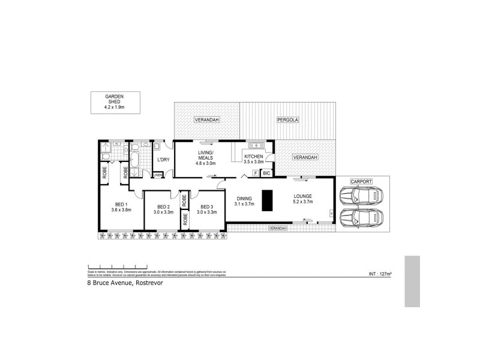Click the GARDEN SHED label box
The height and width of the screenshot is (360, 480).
(114, 102)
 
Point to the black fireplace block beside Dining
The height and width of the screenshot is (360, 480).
(267, 200)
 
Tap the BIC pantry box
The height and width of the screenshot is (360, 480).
(266, 173)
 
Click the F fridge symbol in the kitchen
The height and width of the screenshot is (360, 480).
(255, 173)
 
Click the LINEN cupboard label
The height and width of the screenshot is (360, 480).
(157, 175)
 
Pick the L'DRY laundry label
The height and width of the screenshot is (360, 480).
(163, 160)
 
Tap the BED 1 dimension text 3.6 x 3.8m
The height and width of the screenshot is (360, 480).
(121, 210)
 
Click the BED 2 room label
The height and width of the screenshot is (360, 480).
(163, 207)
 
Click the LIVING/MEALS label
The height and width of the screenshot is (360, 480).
(206, 156)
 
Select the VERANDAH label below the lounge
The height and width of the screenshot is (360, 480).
(277, 229)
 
